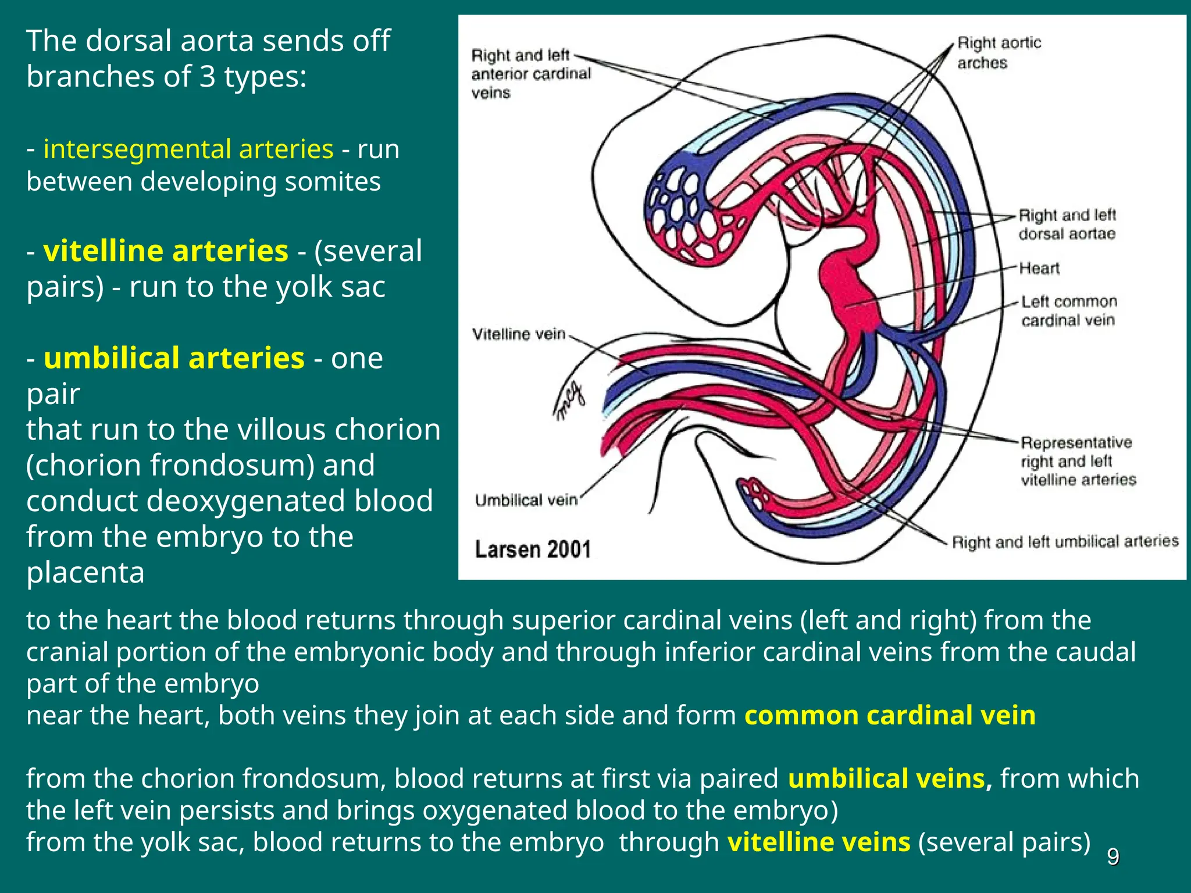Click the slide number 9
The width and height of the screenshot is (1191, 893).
(1112, 857)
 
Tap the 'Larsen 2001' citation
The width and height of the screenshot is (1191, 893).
(532, 549)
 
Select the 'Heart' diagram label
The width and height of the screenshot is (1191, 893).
(1039, 269)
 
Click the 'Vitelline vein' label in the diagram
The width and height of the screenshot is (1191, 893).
(519, 334)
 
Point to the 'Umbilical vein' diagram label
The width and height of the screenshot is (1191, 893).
(526, 500)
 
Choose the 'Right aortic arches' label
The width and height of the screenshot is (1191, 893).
(999, 52)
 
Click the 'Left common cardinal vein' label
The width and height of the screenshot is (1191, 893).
(1069, 310)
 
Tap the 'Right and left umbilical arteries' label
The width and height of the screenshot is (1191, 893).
(1065, 542)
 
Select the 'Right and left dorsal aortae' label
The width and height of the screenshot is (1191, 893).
(1067, 224)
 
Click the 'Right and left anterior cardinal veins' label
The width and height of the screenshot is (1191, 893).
(530, 74)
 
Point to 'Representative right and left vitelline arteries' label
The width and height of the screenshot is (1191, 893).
(1078, 461)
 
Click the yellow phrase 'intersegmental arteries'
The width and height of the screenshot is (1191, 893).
(188, 149)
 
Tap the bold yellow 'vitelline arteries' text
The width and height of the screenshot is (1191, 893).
(166, 251)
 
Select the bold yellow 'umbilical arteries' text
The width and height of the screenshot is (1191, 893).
(174, 358)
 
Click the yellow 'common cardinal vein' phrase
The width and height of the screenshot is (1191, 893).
(890, 715)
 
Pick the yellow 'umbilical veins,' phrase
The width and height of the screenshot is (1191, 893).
(890, 778)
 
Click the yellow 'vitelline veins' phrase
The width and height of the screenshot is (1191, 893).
(819, 842)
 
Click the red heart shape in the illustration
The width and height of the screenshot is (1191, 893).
(849, 291)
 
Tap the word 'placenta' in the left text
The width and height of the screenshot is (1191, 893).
(85, 573)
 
